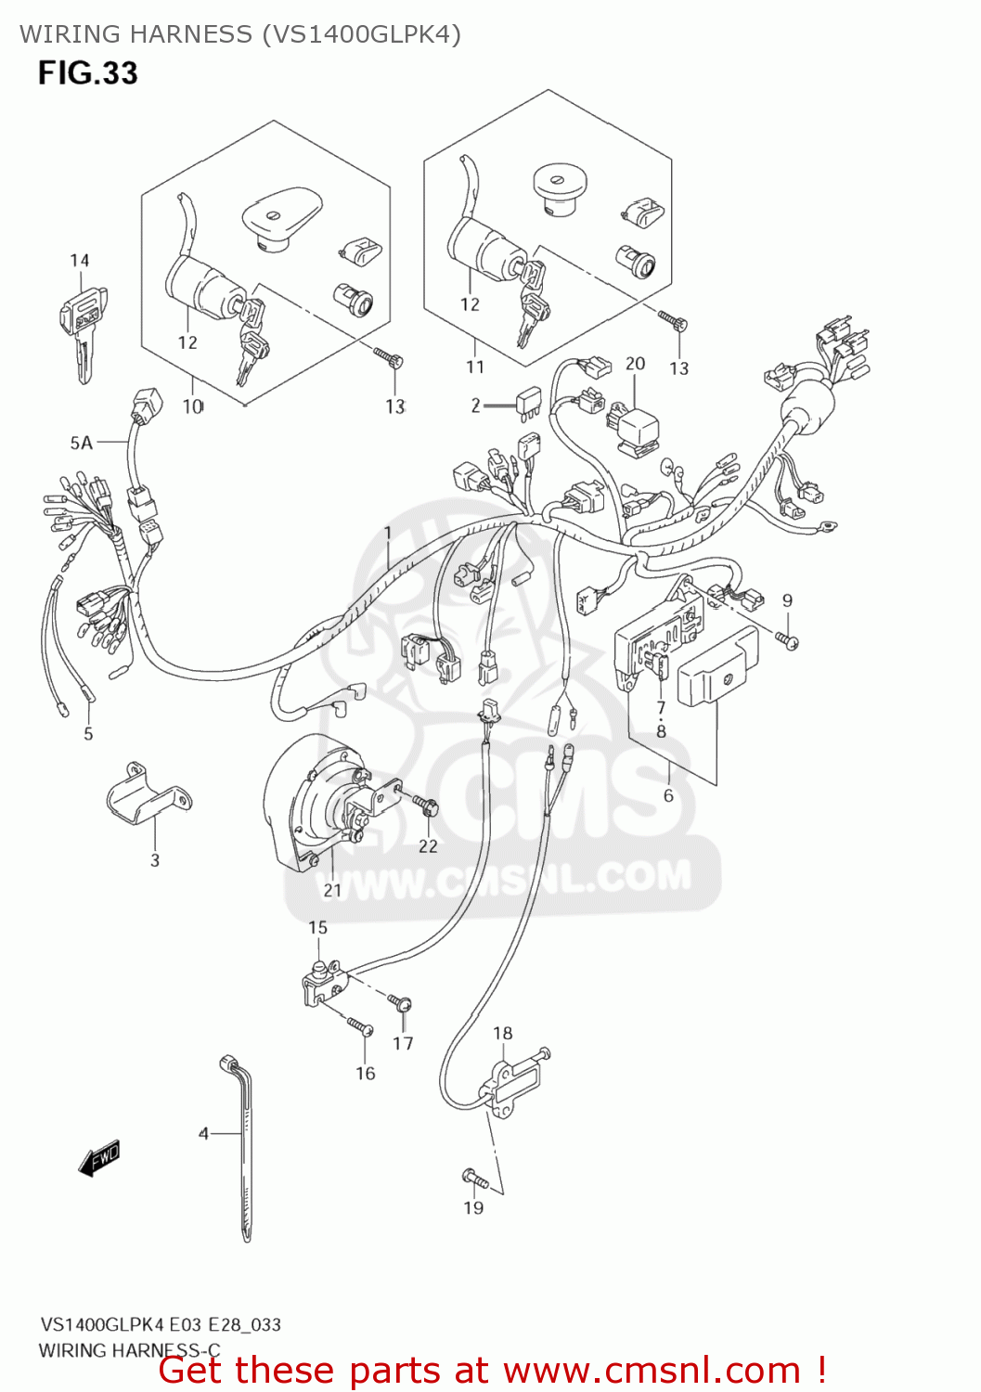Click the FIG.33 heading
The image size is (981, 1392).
click(x=87, y=73)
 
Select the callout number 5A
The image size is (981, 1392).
click(x=82, y=443)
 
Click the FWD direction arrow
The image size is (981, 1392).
click(x=99, y=1159)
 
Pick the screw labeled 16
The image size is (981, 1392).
click(x=360, y=1025)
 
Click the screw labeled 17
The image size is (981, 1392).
click(x=400, y=1002)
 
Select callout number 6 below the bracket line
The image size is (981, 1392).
click(x=668, y=795)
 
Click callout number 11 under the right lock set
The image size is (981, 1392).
click(x=475, y=367)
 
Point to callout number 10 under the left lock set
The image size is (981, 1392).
click(x=192, y=406)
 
